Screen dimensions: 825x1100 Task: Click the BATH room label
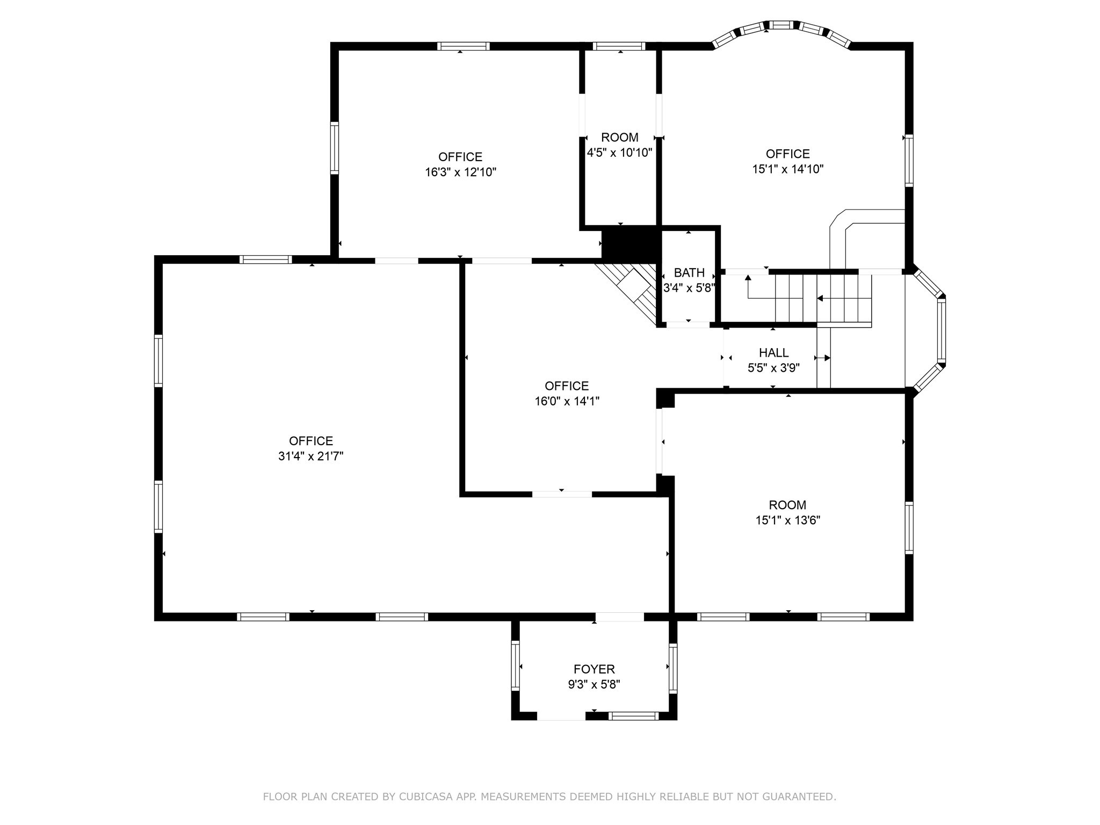point(689,273)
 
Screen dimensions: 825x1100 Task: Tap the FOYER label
point(594,669)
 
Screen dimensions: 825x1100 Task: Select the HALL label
point(773,353)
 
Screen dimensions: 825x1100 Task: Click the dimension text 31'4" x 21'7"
point(310,457)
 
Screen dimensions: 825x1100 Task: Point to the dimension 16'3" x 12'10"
point(460,172)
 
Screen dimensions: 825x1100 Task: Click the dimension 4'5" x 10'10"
point(619,153)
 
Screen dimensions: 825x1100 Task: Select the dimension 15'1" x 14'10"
point(787,169)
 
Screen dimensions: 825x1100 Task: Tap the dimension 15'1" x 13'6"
point(787,520)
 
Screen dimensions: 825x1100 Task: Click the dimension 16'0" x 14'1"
point(567,401)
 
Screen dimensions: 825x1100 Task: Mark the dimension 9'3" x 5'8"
point(594,685)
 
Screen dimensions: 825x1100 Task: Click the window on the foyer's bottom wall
point(633,715)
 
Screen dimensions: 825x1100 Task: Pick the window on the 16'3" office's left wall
point(334,148)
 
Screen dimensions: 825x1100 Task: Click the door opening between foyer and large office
point(619,617)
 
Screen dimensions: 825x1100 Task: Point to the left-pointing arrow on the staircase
point(820,298)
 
